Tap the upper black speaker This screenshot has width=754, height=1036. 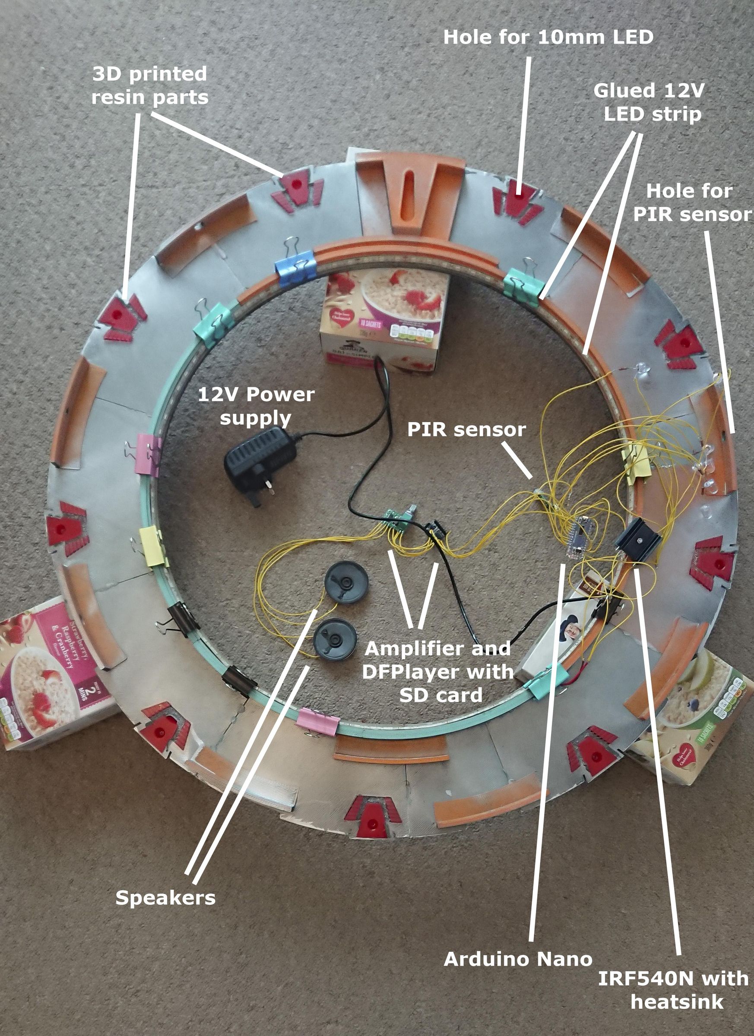(346, 582)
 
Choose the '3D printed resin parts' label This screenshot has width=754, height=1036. (150, 85)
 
